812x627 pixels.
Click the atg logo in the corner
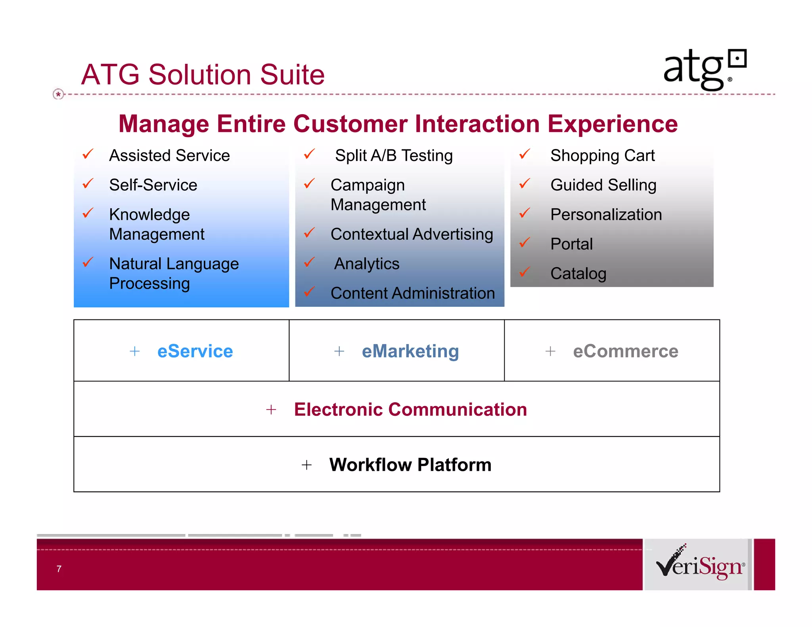tap(705, 70)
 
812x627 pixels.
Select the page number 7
tap(59, 569)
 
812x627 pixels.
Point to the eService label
tap(195, 351)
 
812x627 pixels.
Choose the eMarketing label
tap(410, 351)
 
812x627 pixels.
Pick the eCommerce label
tap(625, 351)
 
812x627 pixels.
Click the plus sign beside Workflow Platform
tap(306, 465)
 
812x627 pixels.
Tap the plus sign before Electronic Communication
tap(271, 409)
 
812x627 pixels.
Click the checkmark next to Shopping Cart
tap(525, 154)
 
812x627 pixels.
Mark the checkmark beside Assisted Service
tap(88, 154)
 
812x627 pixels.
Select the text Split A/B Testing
tap(393, 155)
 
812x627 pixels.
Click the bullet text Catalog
tap(578, 273)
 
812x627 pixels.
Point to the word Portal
tap(571, 244)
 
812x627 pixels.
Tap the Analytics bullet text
tap(366, 264)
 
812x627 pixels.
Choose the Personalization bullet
tap(606, 214)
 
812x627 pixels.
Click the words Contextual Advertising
tap(412, 234)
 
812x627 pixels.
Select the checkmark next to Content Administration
tap(309, 292)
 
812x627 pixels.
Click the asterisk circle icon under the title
tap(58, 94)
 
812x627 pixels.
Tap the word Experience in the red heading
tap(613, 124)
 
